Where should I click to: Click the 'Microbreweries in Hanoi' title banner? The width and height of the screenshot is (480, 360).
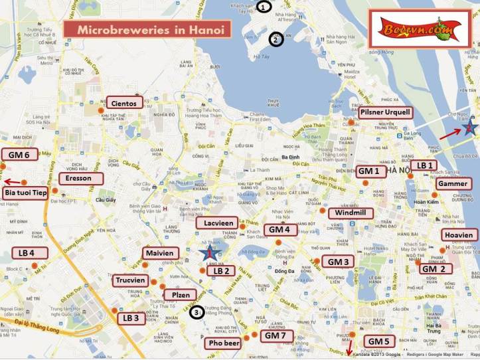click(147, 30)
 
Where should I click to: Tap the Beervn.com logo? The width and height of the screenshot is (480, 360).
click(420, 29)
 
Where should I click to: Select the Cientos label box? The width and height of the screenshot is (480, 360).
click(124, 103)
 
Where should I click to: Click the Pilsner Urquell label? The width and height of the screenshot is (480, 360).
click(384, 113)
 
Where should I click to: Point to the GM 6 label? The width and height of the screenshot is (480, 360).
click(19, 155)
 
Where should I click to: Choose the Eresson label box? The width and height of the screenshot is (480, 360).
click(80, 179)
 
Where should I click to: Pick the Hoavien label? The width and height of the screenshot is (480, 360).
click(459, 235)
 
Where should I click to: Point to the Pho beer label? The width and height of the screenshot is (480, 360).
click(223, 343)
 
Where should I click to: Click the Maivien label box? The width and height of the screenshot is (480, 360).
click(158, 253)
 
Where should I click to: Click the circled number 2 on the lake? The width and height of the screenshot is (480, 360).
click(276, 39)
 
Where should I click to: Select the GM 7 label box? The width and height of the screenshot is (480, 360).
click(275, 336)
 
